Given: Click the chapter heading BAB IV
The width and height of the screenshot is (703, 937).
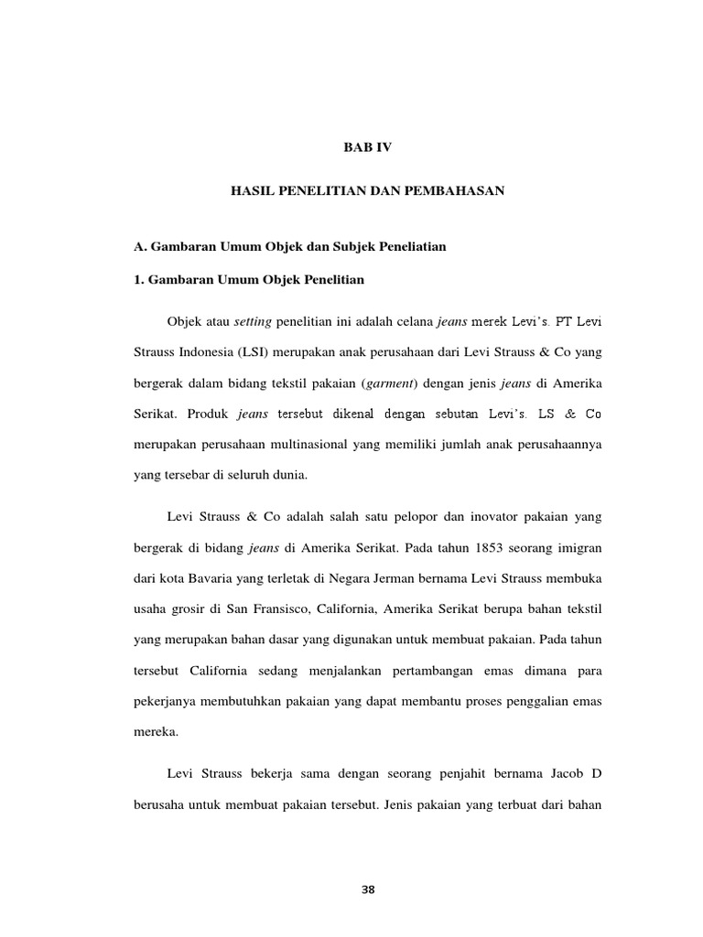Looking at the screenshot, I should (x=366, y=146).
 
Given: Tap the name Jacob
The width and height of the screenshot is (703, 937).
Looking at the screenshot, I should (x=557, y=774).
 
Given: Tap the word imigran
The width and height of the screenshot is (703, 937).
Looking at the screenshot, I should (x=579, y=548).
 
